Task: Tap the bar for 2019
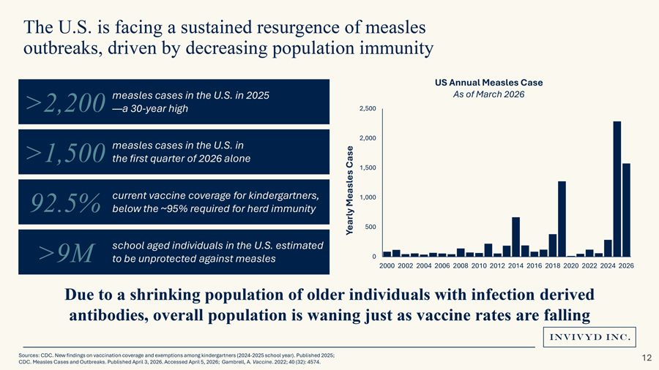pos(562,219)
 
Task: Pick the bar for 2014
pos(516,237)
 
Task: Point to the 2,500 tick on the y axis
pos(368,109)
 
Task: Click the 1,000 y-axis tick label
pos(368,197)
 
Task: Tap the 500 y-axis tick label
pos(370,227)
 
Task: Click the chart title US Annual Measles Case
pos(489,82)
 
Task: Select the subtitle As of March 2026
pos(489,94)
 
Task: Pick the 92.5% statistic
pos(65,203)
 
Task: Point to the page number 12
pos(646,358)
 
